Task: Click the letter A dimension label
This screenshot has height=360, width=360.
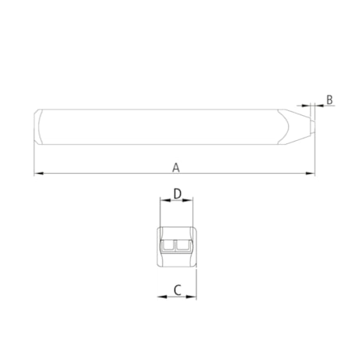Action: (x=176, y=167)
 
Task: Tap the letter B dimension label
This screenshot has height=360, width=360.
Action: (x=329, y=99)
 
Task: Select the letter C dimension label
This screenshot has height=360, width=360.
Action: (x=178, y=290)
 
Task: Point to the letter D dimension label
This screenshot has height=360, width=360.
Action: (x=178, y=194)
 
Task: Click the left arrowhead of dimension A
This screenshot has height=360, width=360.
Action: (x=38, y=173)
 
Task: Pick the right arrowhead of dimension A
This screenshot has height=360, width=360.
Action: (x=310, y=173)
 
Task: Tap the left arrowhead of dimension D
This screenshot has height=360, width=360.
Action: (x=165, y=200)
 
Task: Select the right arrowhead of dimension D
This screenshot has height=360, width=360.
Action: (x=188, y=200)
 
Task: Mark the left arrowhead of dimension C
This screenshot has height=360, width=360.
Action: (x=162, y=297)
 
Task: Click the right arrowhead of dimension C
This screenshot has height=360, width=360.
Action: (x=191, y=297)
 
